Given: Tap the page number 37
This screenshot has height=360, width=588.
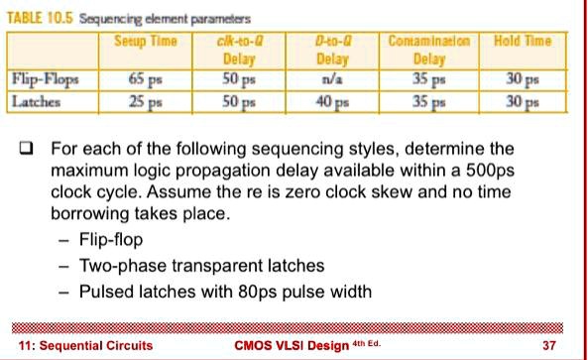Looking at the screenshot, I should coord(552,345).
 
